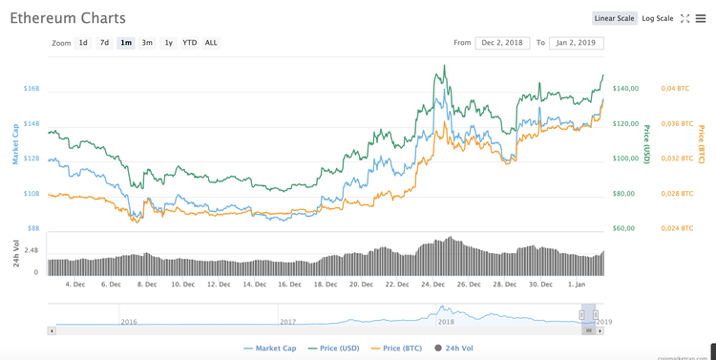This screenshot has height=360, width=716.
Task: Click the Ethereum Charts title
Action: pos(67,18)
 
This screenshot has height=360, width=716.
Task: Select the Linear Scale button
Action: pos(614,18)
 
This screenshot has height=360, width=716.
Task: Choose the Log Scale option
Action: pos(657,18)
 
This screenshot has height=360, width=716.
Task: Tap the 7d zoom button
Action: pos(104,43)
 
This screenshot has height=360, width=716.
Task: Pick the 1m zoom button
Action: pos(126,43)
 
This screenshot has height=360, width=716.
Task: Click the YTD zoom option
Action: pos(190,43)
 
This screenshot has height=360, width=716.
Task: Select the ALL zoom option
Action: pos(211,43)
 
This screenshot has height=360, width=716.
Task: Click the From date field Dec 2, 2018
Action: pos(502,43)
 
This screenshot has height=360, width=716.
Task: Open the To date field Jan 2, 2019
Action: pos(577,43)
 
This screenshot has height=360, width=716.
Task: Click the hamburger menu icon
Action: pos(701,18)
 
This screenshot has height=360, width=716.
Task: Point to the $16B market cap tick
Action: pos(32,89)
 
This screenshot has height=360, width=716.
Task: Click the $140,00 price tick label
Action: pos(626,89)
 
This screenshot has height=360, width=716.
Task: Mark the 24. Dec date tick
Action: pos(434,284)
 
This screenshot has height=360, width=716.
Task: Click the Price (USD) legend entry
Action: pos(332,349)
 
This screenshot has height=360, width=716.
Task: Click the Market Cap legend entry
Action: pos(270,349)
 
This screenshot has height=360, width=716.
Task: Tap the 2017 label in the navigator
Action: pos(288,322)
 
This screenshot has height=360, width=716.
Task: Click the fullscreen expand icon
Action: pos(684,18)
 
